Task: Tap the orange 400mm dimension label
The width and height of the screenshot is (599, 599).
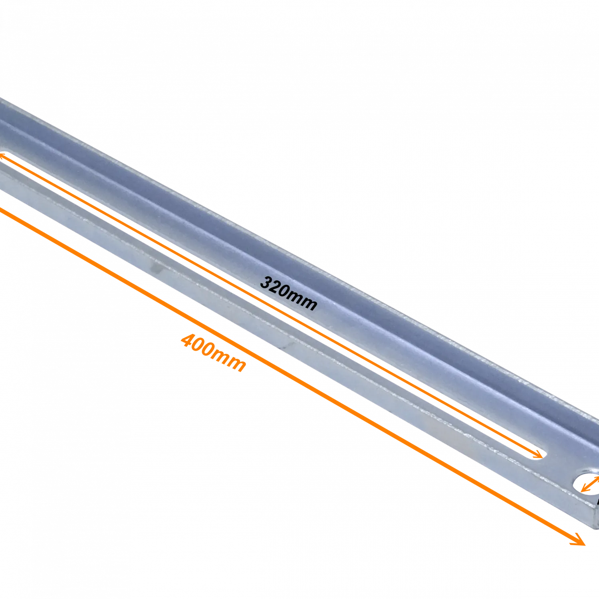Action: (x=214, y=353)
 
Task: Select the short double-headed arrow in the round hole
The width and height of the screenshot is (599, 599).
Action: (x=590, y=484)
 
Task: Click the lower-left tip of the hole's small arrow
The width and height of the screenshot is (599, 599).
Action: (x=582, y=492)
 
